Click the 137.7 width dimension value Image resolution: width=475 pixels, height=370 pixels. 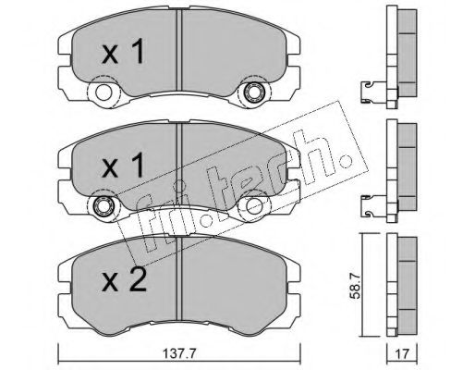point(179,354)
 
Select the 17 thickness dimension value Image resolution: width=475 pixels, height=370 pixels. point(402,354)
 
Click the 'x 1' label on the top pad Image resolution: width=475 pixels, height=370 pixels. point(123,51)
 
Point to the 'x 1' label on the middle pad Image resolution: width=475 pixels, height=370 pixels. point(123,165)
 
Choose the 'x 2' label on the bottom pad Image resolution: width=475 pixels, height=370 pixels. point(124,278)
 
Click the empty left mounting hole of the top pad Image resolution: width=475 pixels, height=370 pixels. point(104,92)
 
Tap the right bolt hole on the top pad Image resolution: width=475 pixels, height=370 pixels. point(254,92)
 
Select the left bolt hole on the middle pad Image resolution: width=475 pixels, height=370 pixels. point(104,205)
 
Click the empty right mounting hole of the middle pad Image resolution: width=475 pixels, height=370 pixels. point(254,205)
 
